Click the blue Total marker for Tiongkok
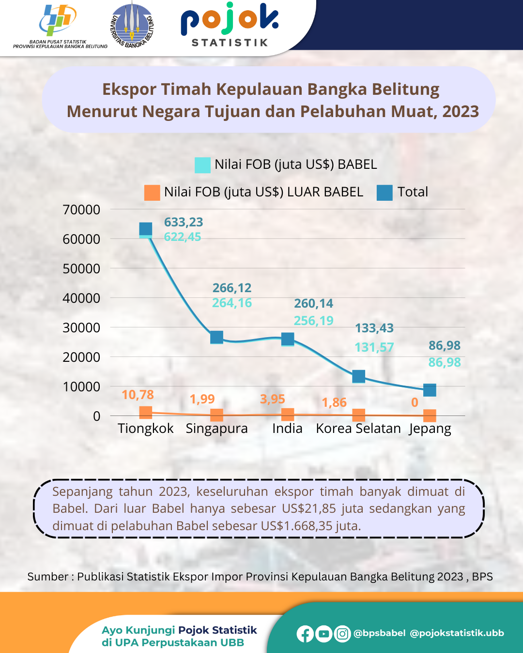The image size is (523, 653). click(x=146, y=229)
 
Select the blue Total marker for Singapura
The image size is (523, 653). click(x=216, y=337)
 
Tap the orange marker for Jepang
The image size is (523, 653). click(x=430, y=416)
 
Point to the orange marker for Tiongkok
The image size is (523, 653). click(x=146, y=413)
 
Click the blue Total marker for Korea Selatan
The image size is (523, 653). click(x=358, y=376)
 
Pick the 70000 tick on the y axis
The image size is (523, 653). click(x=81, y=210)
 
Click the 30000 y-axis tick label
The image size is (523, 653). click(x=81, y=328)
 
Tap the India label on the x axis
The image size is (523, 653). click(x=287, y=429)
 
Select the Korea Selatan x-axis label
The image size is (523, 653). click(x=358, y=429)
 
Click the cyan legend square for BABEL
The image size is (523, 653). click(x=202, y=165)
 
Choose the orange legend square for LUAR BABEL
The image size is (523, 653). click(x=152, y=193)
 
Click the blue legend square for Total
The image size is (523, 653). click(x=385, y=193)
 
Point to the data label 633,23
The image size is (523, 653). click(x=184, y=222)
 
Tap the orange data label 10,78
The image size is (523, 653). click(x=138, y=395)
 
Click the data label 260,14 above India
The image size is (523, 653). click(x=314, y=304)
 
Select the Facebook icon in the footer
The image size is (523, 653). click(x=305, y=634)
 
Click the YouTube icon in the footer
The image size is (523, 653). click(x=323, y=634)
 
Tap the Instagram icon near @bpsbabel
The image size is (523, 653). click(x=342, y=634)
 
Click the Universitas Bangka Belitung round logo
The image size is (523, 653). click(x=132, y=25)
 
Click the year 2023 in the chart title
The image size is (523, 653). click(x=460, y=112)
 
